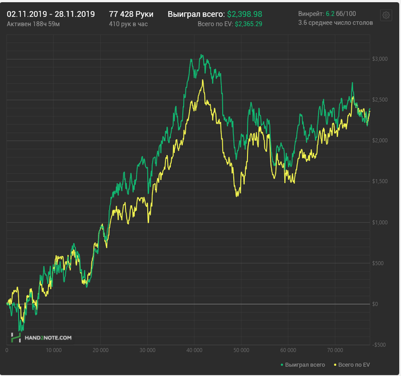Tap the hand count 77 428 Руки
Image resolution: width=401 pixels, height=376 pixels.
click(x=131, y=13)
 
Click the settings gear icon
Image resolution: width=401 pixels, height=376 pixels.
click(x=386, y=15)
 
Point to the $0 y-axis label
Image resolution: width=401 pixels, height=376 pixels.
click(x=375, y=304)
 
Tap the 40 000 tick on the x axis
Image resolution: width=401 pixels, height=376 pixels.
click(x=194, y=350)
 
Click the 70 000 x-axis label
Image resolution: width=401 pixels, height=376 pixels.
click(x=335, y=350)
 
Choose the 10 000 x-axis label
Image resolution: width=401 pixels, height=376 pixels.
click(x=53, y=350)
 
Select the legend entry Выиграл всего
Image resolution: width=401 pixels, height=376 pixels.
click(x=303, y=365)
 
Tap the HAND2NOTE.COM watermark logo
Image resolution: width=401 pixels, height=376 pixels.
click(x=41, y=338)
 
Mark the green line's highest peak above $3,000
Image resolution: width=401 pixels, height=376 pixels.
click(x=201, y=55)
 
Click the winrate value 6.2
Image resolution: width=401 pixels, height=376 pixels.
click(x=329, y=13)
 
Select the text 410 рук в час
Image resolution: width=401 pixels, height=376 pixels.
click(x=128, y=24)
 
